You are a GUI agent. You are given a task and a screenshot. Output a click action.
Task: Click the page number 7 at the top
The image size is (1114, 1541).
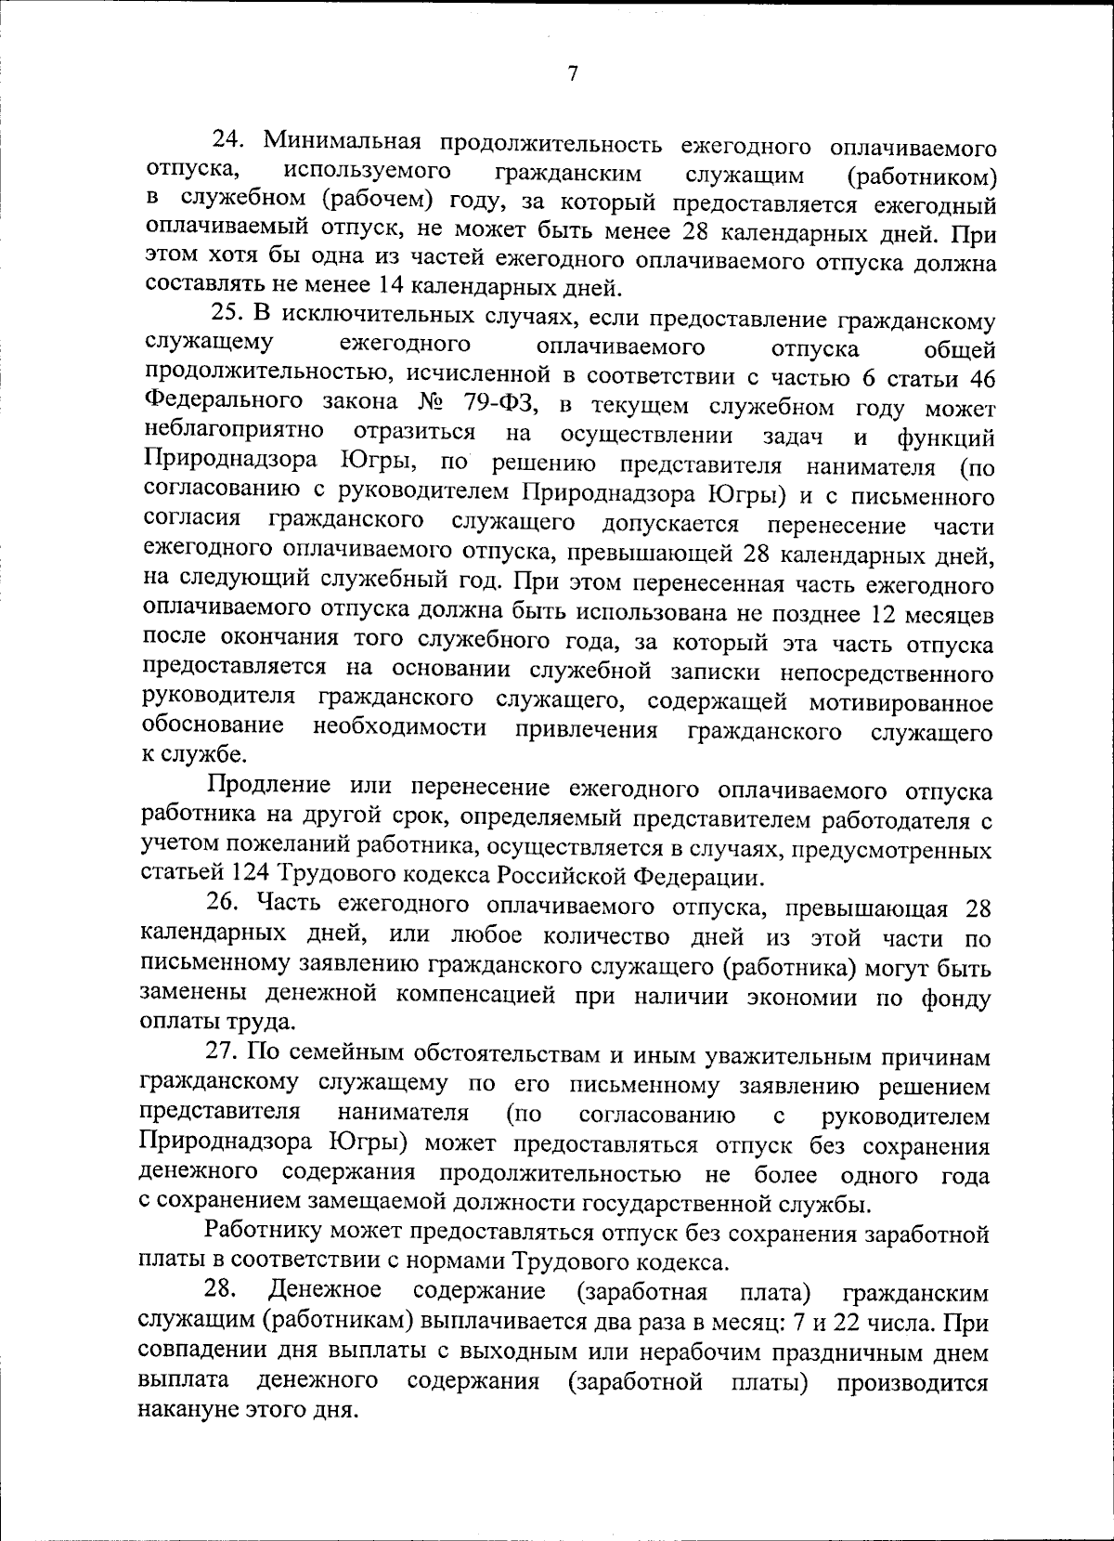[573, 74]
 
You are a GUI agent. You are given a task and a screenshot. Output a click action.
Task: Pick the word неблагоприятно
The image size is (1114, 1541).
[234, 432]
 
